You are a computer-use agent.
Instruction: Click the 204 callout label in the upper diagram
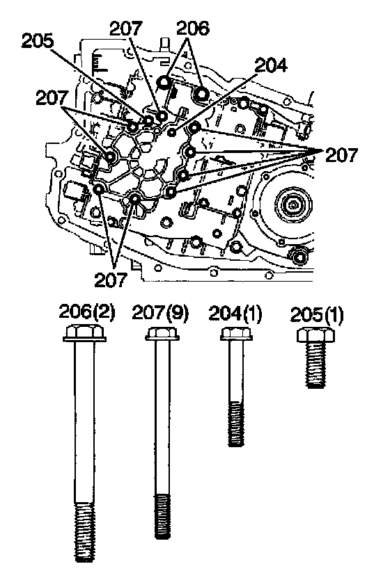(x=271, y=65)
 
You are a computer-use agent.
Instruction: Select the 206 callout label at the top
(x=193, y=28)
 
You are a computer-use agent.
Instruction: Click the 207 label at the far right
(x=341, y=155)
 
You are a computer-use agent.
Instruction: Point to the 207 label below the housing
(x=110, y=280)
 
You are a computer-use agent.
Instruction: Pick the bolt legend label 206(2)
(x=87, y=312)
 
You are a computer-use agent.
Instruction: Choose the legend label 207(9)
(x=160, y=314)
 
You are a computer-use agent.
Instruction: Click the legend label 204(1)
(x=235, y=314)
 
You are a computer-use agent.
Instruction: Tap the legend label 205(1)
(x=317, y=316)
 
